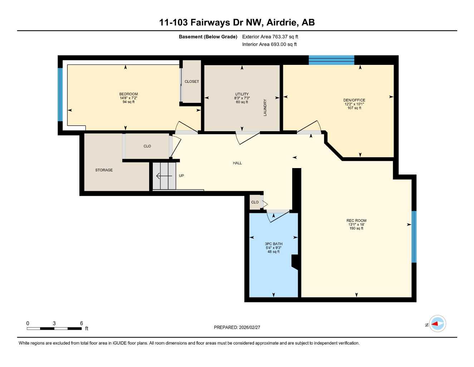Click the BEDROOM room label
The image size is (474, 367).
point(128,94)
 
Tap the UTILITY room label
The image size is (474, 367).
point(242,94)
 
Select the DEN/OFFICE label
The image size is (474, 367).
point(354,100)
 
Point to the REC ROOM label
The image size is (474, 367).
point(356,220)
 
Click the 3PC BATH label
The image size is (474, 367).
point(274,244)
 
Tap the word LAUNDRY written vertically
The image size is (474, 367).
point(265,108)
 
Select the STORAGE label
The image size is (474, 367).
point(104,170)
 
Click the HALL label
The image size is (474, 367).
point(237,163)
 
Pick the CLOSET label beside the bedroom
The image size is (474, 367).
point(192,81)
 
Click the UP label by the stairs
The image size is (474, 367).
point(181,176)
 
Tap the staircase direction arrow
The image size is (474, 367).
point(164,176)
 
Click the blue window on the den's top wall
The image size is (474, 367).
point(331,60)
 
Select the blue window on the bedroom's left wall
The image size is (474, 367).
point(60,95)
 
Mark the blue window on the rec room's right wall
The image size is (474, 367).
point(414,237)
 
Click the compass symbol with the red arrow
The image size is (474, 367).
point(437,324)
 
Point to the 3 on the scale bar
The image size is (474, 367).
point(54,323)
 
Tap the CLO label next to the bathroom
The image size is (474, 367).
point(255,202)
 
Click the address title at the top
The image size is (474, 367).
point(237,22)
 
